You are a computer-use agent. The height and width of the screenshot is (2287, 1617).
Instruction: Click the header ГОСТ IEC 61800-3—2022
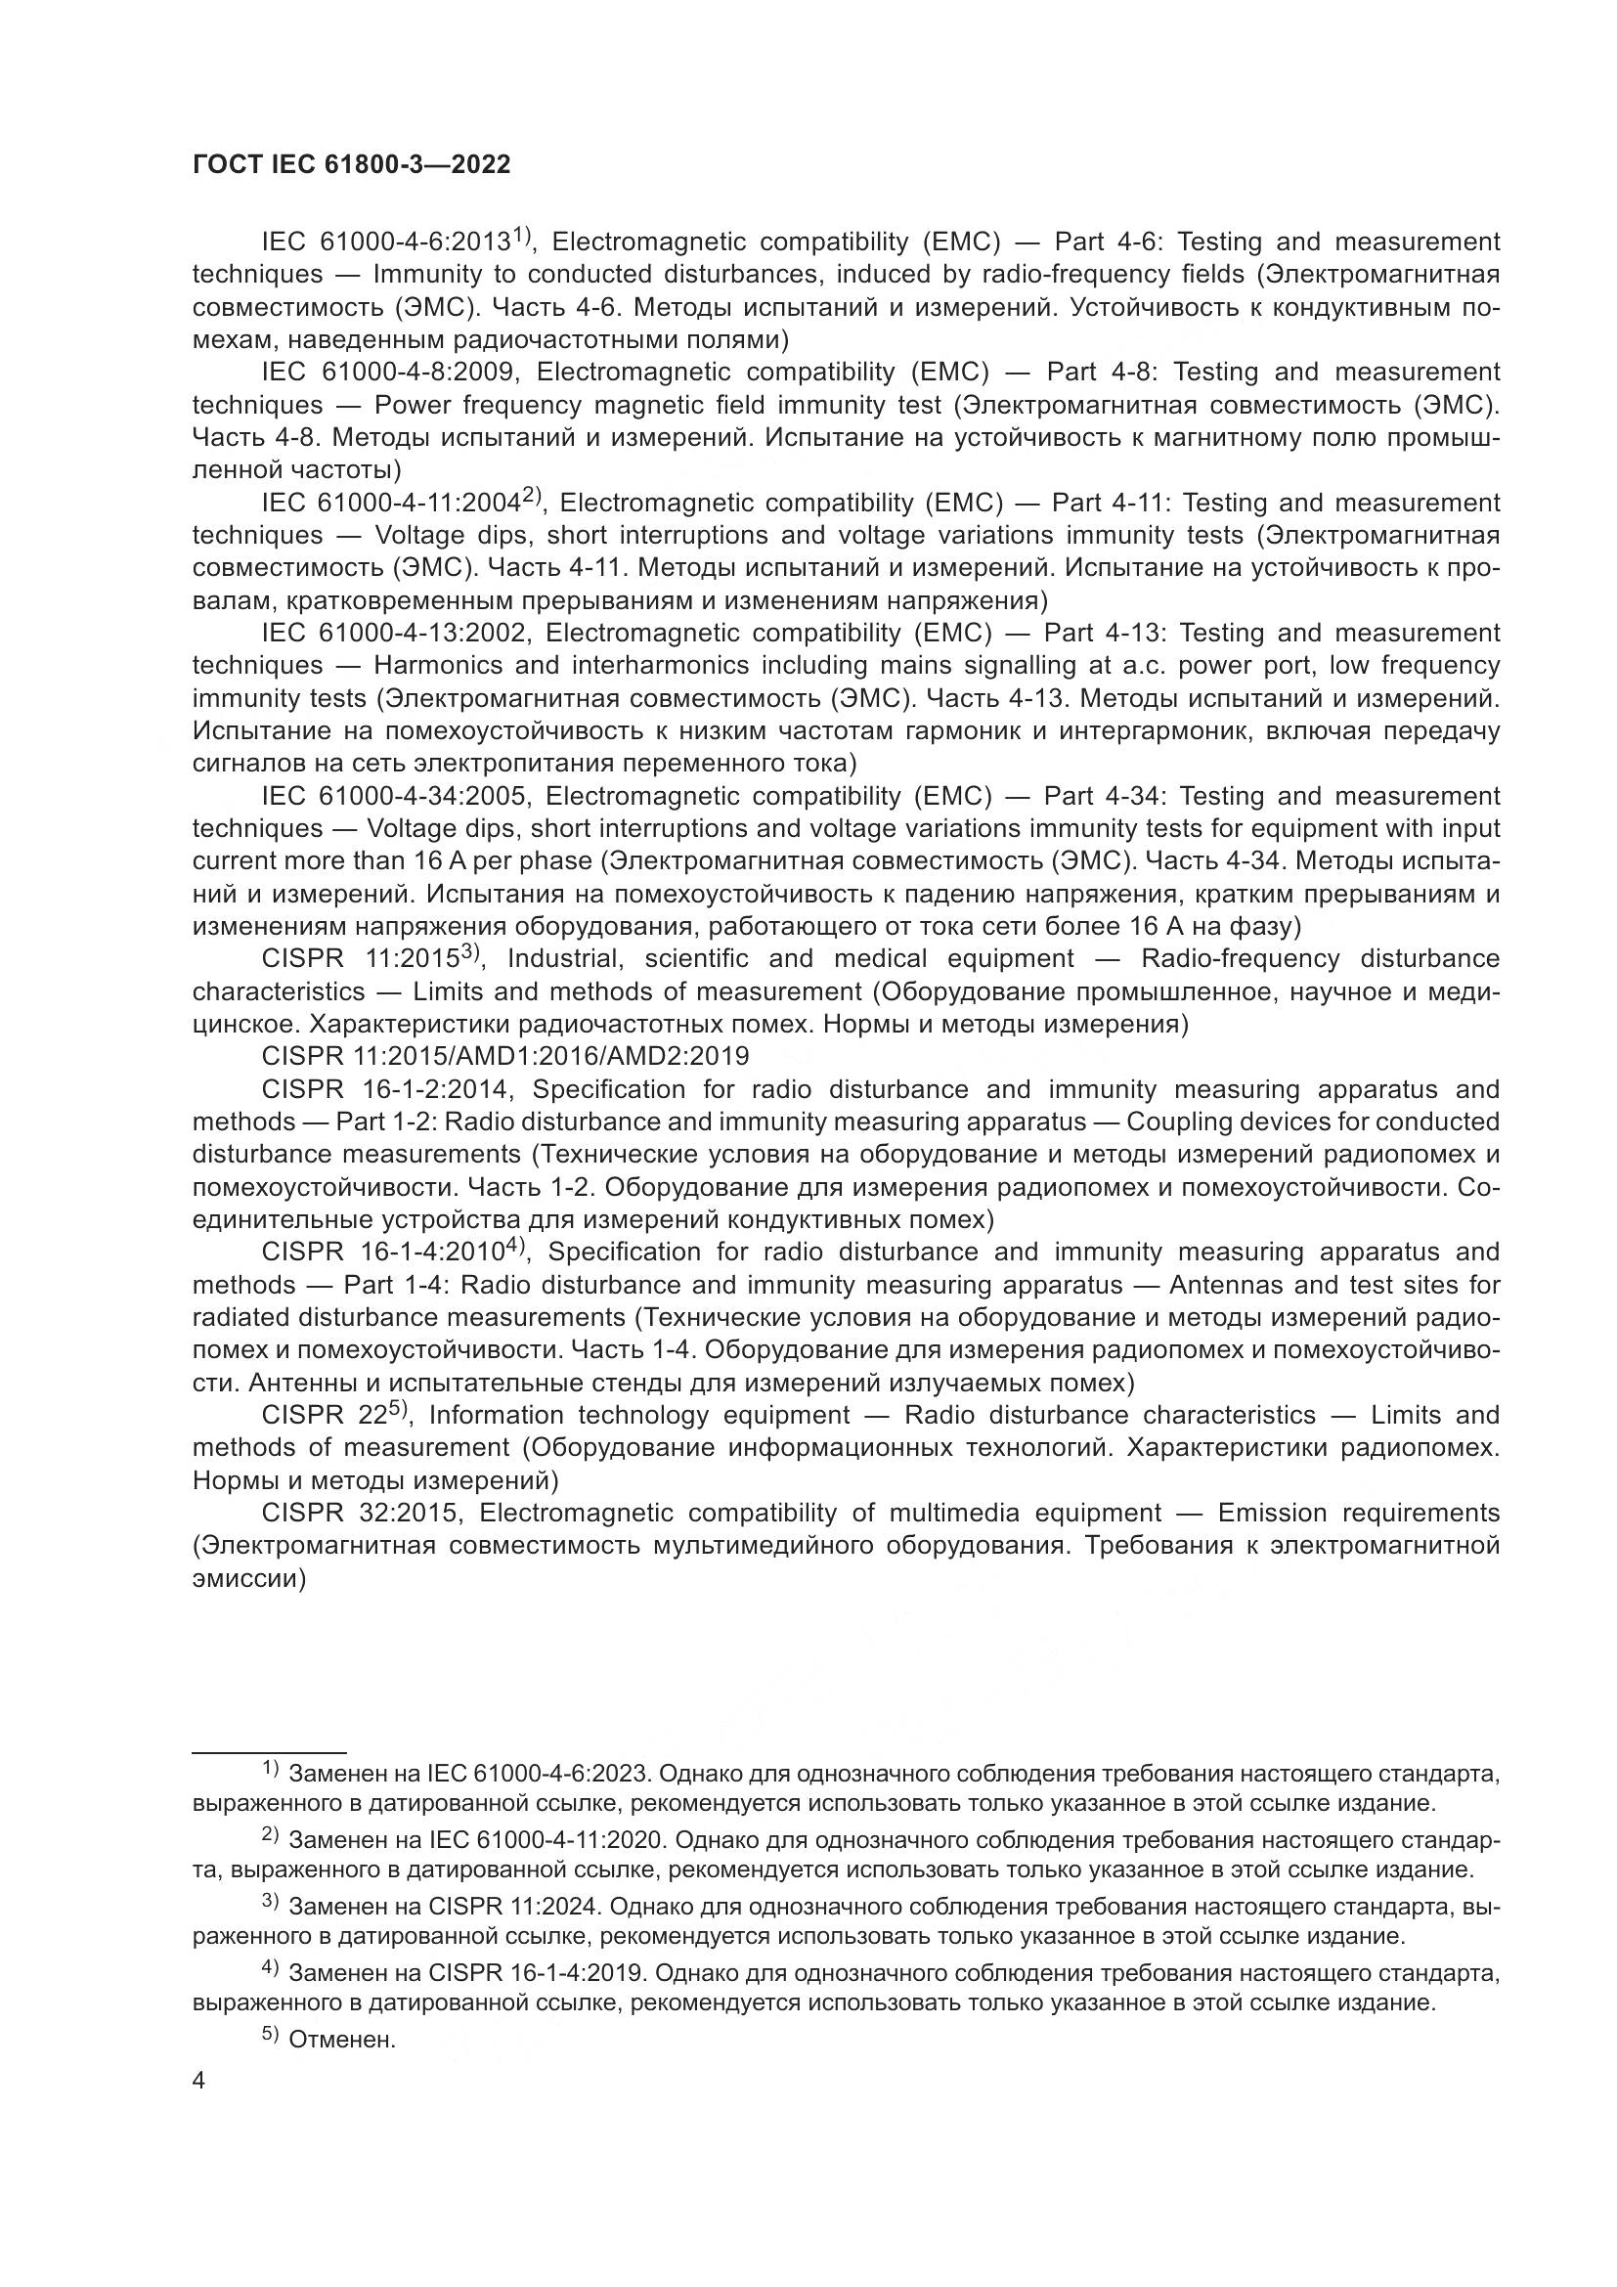pos(351,165)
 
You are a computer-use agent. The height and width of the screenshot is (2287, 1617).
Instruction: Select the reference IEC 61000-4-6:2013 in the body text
pos(385,242)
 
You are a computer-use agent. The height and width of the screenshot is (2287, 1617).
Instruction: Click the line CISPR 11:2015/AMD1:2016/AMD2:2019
pos(504,1056)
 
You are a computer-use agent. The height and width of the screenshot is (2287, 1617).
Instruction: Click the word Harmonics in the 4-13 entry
pos(438,667)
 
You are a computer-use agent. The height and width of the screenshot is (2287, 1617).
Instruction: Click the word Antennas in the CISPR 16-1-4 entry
pos(1229,1285)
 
